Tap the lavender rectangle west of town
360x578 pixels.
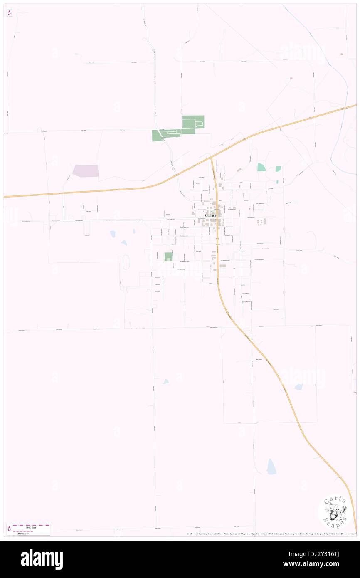86,171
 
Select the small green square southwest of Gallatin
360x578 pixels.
168,257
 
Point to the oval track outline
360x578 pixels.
126,262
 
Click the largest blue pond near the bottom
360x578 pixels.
271,467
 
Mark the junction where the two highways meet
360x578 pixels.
211,158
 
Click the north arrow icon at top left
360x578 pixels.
10,13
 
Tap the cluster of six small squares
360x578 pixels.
261,222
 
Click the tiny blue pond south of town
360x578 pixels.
166,381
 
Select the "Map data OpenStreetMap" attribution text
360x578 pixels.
249,534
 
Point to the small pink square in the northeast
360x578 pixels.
291,78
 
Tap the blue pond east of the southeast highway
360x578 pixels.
298,387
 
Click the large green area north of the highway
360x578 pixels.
193,122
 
